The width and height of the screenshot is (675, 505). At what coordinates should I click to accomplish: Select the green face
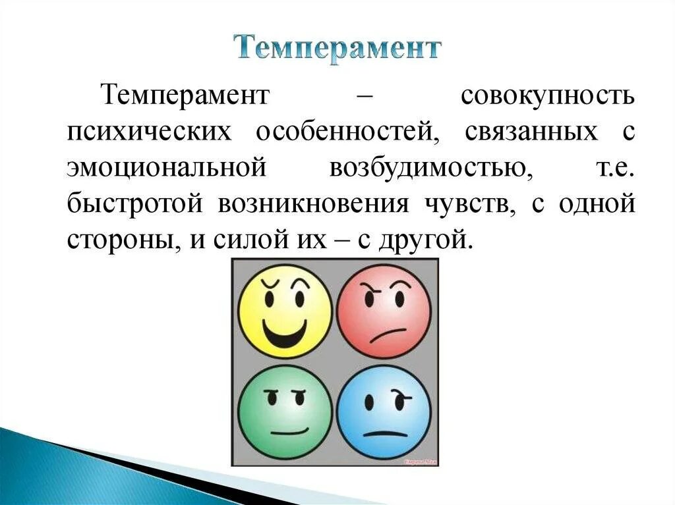[285, 412]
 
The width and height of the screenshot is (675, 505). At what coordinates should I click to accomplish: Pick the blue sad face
[384, 412]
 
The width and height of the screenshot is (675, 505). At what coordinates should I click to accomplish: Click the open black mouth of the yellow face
[285, 332]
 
